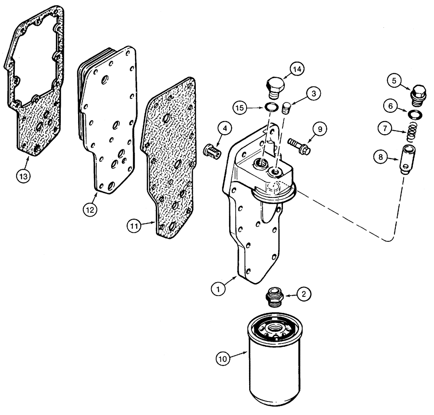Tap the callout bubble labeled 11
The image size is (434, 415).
coord(134,225)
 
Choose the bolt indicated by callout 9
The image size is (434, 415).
coord(299,145)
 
